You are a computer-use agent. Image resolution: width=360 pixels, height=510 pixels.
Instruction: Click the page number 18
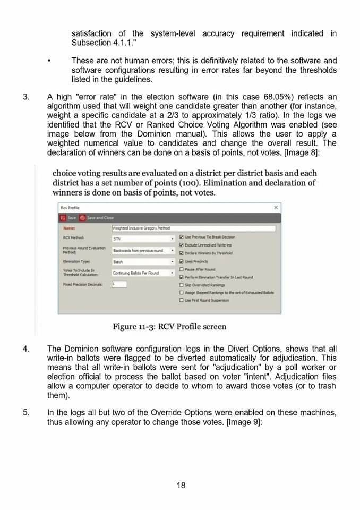pyautogui.click(x=181, y=485)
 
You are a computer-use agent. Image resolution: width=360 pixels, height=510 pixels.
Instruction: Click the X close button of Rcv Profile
pyautogui.click(x=276, y=207)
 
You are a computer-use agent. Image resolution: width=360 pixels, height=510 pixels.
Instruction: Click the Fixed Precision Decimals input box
pyautogui.click(x=119, y=284)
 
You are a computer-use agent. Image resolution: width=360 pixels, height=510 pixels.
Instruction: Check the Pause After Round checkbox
pyautogui.click(x=182, y=269)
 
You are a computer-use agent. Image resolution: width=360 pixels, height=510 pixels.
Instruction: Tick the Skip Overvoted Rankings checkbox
pyautogui.click(x=182, y=285)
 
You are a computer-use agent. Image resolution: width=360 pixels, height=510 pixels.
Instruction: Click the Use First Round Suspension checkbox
pyautogui.click(x=182, y=300)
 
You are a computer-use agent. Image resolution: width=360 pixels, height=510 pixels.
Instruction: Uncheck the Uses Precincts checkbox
pyautogui.click(x=182, y=261)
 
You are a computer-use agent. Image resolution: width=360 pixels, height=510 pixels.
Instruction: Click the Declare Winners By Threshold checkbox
pyautogui.click(x=182, y=253)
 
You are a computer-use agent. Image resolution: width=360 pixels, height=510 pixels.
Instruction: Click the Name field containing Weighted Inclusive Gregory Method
pyautogui.click(x=193, y=228)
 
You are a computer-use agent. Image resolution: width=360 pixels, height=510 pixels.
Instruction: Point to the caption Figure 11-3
pyautogui.click(x=169, y=326)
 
